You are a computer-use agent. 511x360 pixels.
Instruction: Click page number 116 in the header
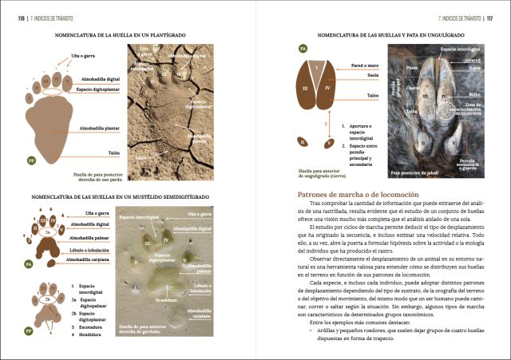11,16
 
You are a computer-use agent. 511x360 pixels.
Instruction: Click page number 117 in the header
496,16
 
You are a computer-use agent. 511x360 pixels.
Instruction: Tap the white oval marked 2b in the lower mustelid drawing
48,299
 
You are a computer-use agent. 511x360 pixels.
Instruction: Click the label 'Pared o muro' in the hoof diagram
366,65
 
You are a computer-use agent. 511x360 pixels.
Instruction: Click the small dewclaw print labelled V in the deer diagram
329,144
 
